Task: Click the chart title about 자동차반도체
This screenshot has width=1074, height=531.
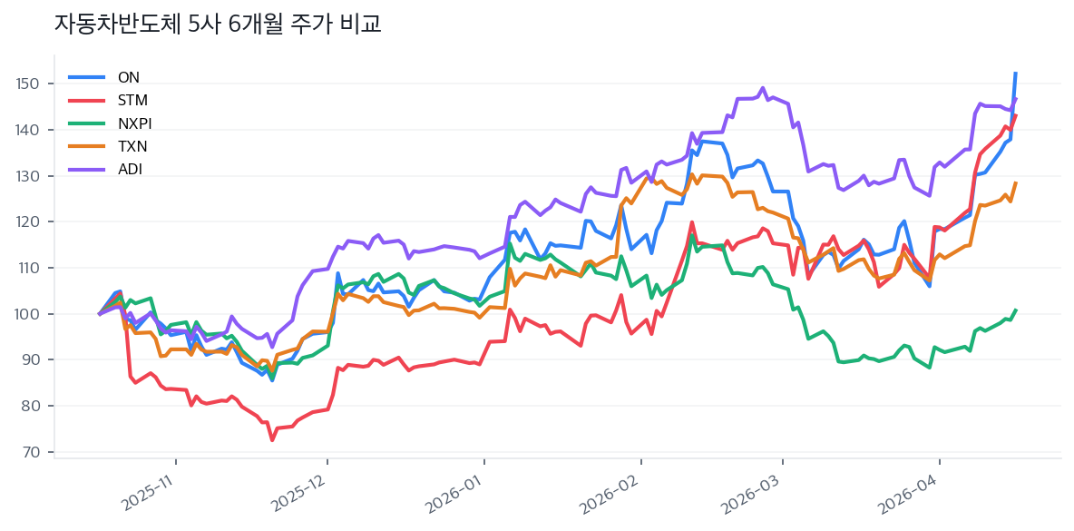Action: click(x=218, y=25)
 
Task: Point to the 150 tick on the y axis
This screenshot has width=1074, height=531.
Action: click(x=29, y=84)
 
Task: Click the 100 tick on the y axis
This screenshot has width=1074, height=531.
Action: click(x=29, y=314)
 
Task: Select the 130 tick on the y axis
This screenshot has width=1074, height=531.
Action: click(x=29, y=176)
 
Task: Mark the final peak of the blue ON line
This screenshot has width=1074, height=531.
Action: click(x=1015, y=73)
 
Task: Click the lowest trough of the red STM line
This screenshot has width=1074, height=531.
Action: click(x=271, y=440)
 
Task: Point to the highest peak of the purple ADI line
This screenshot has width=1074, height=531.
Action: click(x=763, y=88)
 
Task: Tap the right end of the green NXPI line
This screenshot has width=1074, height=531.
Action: click(x=1016, y=310)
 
